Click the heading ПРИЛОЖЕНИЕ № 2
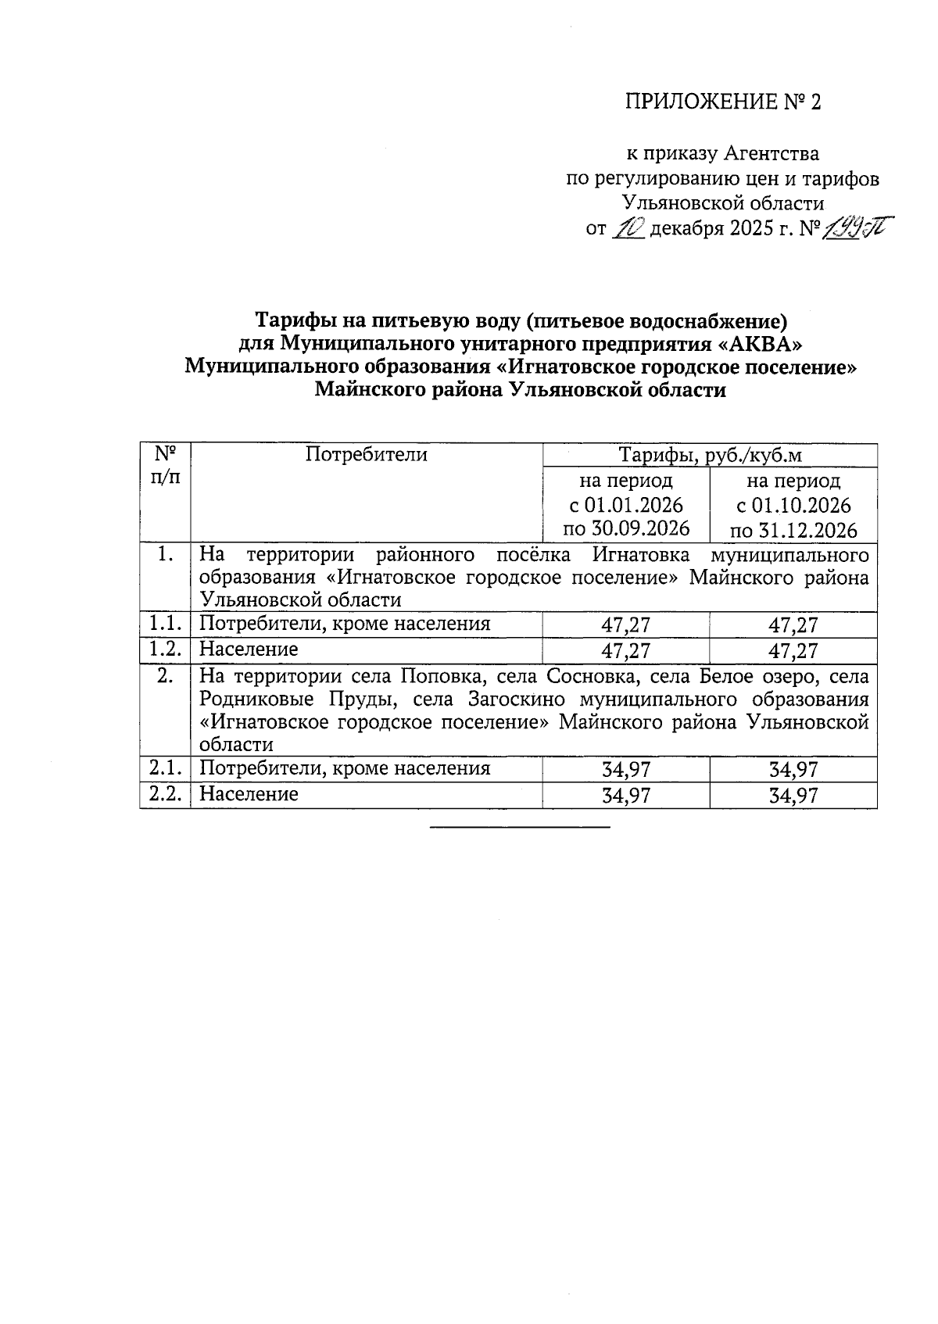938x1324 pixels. [723, 102]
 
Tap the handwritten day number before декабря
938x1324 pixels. [627, 228]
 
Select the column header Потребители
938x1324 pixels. [367, 455]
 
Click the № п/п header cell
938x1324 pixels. [165, 466]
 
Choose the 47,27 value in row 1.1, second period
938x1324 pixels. [793, 624]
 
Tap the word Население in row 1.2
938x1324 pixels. [249, 649]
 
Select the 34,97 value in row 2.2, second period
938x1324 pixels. [793, 796]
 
